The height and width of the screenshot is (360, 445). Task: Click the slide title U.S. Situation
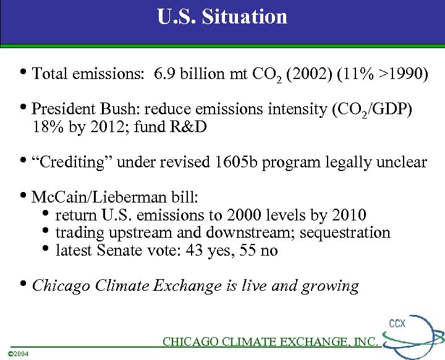pos(222,17)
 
